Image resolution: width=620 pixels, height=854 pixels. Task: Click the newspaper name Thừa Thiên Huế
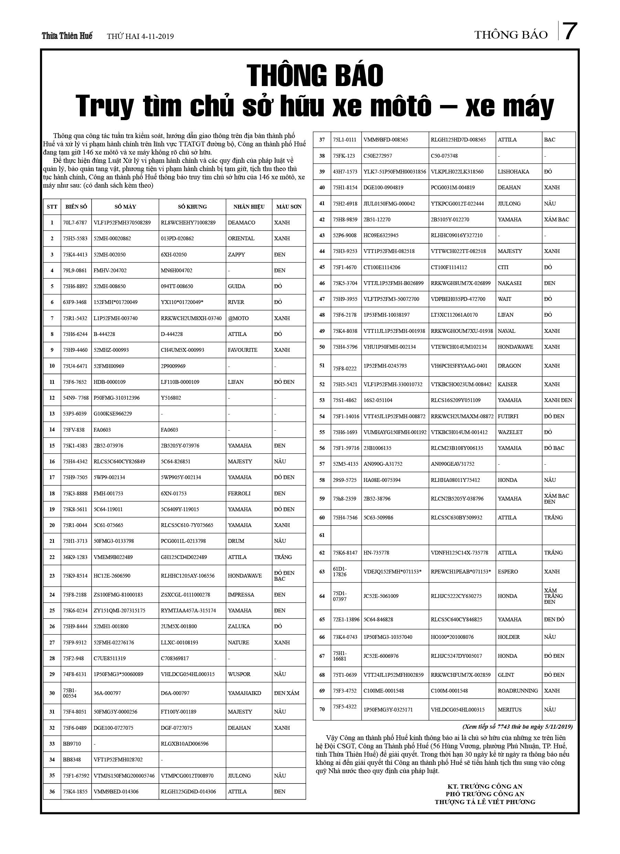(x=67, y=36)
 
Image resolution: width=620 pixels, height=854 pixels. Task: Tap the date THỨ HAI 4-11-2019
(x=140, y=36)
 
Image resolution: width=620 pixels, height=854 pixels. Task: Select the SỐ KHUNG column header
(x=192, y=207)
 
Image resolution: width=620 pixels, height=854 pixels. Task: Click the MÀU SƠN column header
(x=289, y=207)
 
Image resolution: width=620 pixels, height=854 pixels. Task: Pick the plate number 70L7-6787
(x=75, y=223)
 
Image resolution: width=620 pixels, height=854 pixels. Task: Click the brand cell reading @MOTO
(x=238, y=318)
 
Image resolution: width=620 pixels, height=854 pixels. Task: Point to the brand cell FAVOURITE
(x=243, y=350)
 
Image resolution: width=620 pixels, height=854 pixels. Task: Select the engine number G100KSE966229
(x=113, y=413)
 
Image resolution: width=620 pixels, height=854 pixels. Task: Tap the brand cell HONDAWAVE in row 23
(x=245, y=576)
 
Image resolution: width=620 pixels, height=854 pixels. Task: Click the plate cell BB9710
(x=72, y=744)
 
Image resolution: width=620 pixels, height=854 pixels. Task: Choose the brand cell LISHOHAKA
(x=513, y=172)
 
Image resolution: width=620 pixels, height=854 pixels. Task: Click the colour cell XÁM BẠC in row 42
(x=556, y=220)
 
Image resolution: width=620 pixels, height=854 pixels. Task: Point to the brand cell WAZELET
(x=510, y=432)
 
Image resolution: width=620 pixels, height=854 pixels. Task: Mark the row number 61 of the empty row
(x=322, y=535)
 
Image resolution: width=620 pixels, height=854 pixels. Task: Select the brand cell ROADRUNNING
(x=517, y=690)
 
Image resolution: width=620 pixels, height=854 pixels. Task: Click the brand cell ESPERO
(x=508, y=572)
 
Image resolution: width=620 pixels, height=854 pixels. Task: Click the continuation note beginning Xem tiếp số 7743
(x=517, y=727)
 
